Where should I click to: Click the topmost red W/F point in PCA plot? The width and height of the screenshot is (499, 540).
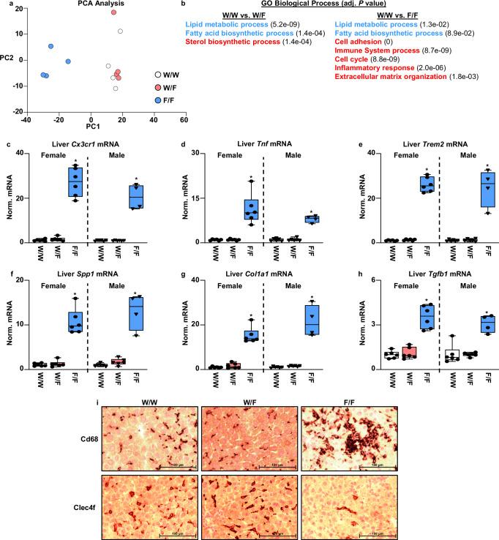tap(113, 13)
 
